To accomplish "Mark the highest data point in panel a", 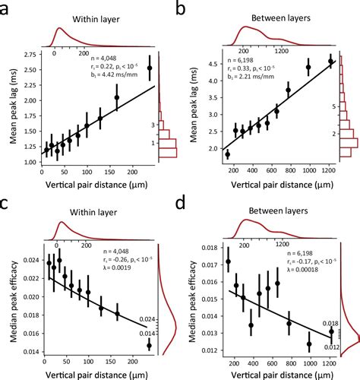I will tap(149, 68).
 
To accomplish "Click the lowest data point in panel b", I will tap(227, 154).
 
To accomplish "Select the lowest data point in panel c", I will tap(149, 345).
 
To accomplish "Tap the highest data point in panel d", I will tap(227, 260).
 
